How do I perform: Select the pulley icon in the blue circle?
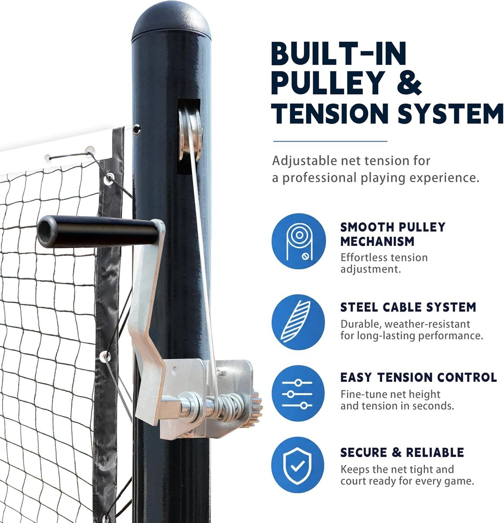tap(299, 241)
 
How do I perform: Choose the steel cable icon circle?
tap(298, 322)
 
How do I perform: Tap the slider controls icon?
tap(298, 394)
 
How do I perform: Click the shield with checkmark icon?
tap(298, 466)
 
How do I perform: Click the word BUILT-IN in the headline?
tap(339, 53)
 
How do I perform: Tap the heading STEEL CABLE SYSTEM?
tap(408, 307)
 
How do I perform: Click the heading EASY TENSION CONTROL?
tap(418, 377)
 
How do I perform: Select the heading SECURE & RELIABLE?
tap(402, 452)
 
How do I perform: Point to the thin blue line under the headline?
tap(330, 141)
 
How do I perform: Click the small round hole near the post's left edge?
tap(137, 129)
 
